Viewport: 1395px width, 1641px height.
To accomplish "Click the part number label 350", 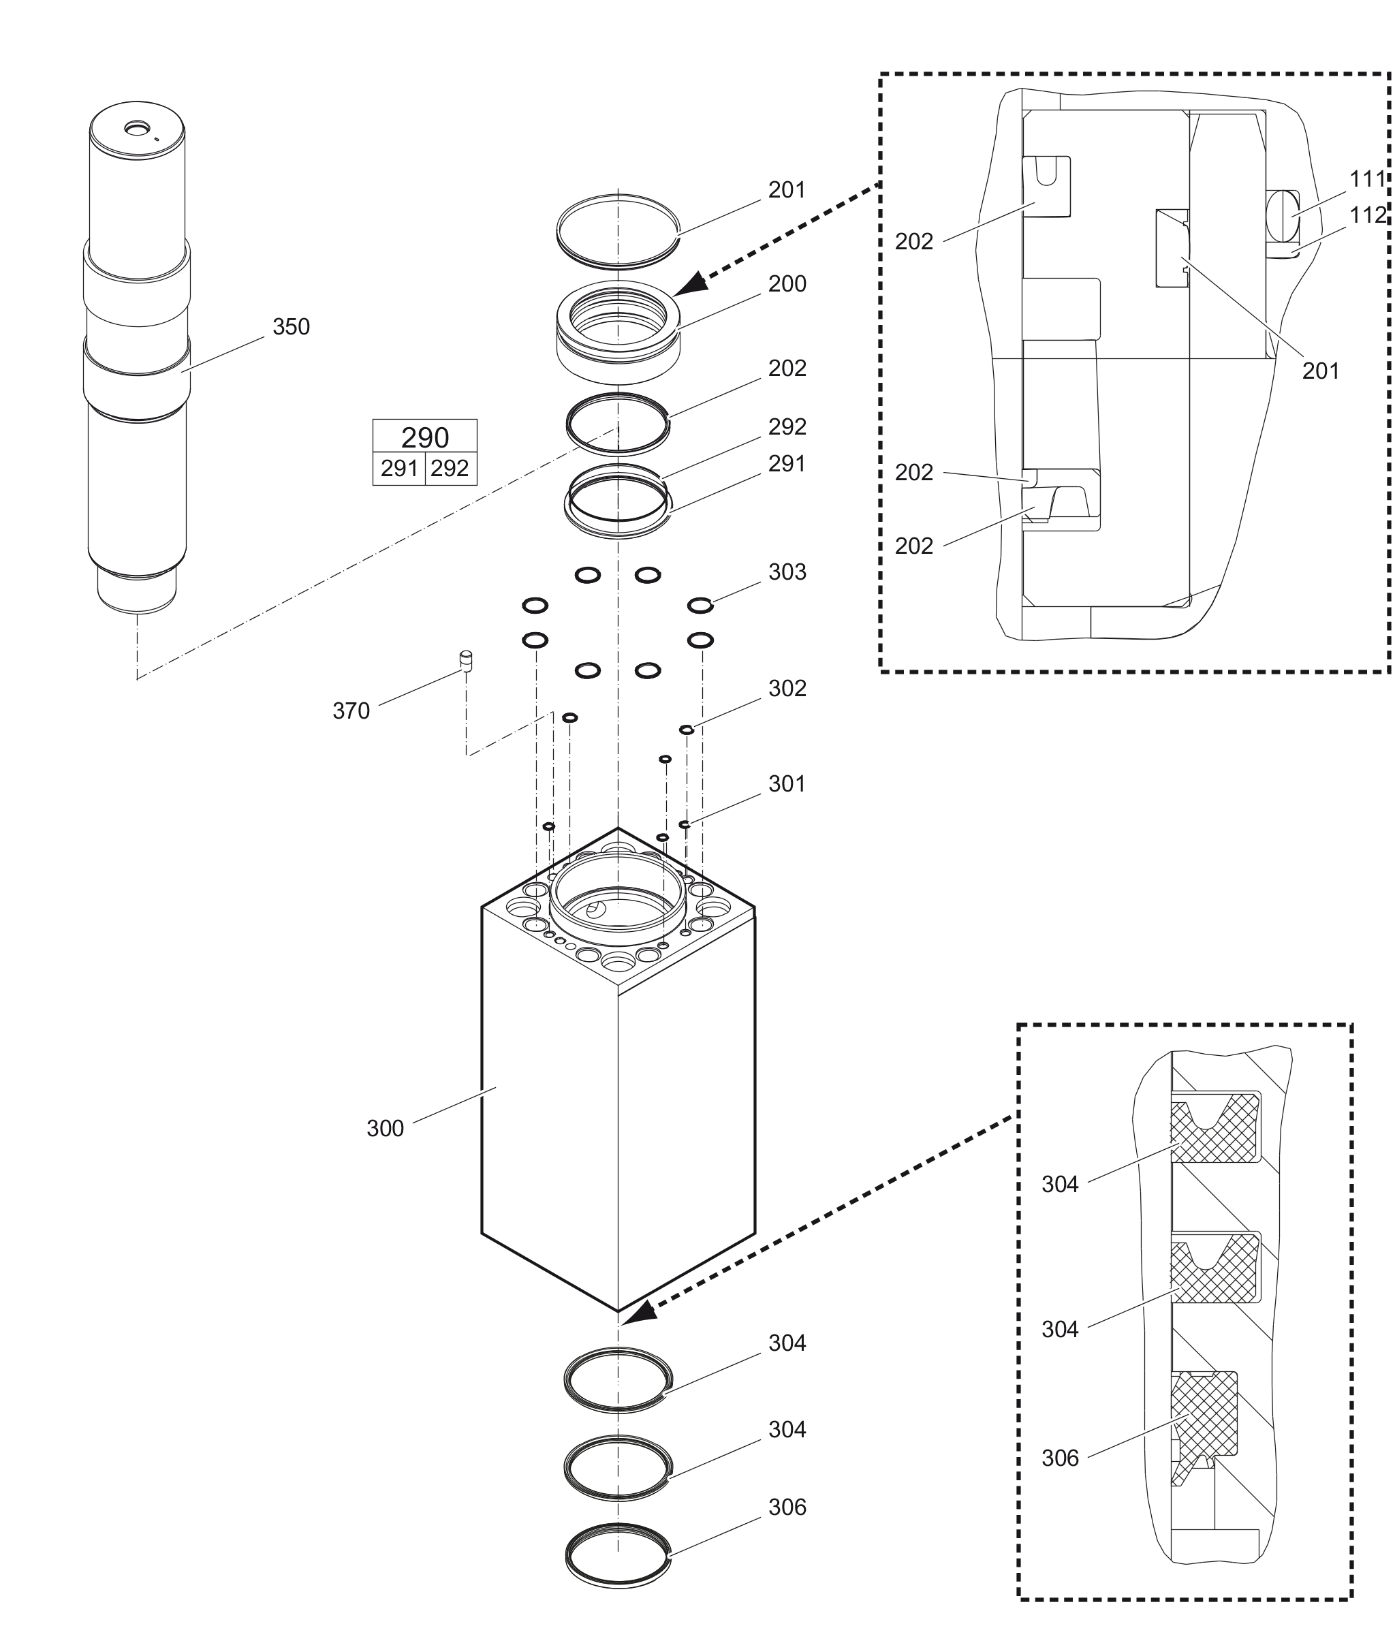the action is coord(291,326).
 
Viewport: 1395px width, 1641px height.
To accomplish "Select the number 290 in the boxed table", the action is coord(424,437).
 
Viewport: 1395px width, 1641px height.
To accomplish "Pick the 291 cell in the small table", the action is coord(398,469).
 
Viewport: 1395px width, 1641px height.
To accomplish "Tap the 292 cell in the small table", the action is coord(450,469).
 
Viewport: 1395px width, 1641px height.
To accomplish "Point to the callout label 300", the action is coord(385,1129).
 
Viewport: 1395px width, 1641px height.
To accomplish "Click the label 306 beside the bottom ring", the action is coord(787,1507).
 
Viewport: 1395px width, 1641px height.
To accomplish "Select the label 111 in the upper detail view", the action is coord(1367,180).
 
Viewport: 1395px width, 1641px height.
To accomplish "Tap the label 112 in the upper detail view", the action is coord(1367,215).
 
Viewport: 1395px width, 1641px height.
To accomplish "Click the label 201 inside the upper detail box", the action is coord(1321,371).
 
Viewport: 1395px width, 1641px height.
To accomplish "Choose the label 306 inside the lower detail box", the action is coord(1060,1458).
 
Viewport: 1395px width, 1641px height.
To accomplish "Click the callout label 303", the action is coord(787,572).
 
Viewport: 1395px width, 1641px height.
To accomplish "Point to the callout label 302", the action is coord(787,688).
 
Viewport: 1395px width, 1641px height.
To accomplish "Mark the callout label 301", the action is coord(787,784).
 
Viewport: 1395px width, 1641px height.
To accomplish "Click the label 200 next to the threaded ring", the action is coord(787,284).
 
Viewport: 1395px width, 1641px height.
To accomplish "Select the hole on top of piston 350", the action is coord(137,128).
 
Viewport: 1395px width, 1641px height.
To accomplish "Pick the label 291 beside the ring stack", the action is coord(787,463).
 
